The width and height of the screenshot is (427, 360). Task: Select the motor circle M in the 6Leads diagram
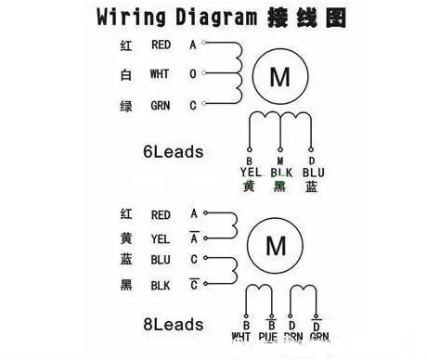[x=279, y=77]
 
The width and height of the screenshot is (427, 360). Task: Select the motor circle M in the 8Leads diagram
[x=276, y=246]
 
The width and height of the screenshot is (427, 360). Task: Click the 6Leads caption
[x=173, y=149]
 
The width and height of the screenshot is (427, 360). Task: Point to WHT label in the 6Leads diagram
[x=160, y=74]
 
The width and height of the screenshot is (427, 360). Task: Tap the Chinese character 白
[x=126, y=74]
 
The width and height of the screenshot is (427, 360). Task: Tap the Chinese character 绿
[x=126, y=106]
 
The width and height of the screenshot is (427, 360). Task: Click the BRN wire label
[x=293, y=338]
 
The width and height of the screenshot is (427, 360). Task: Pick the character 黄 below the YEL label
[x=249, y=186]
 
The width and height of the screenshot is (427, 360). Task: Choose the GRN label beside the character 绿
[x=160, y=106]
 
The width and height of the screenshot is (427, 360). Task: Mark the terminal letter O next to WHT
[x=193, y=74]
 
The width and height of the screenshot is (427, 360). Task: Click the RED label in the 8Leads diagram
[x=160, y=214]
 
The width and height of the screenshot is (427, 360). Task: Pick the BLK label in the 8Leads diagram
[x=160, y=285]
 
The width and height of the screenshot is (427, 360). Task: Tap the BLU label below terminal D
[x=314, y=172]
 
